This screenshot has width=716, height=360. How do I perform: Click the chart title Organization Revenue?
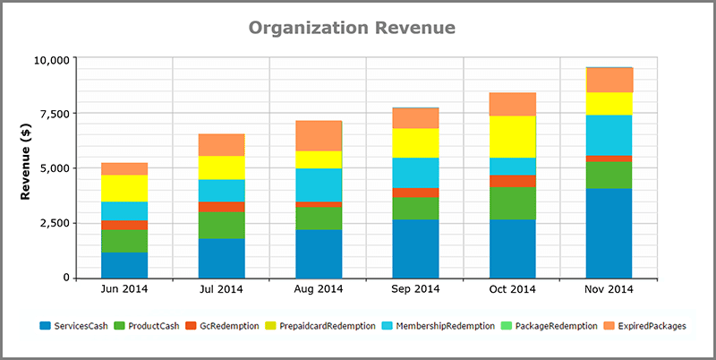[x=352, y=28]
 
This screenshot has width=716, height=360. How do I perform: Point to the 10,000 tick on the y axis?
[x=50, y=60]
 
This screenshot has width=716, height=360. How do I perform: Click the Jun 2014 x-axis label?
[x=124, y=289]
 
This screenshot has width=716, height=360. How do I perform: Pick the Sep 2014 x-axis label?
[x=414, y=289]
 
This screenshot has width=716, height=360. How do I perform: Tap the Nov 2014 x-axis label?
[x=609, y=289]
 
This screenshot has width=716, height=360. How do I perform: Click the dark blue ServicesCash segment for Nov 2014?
[x=609, y=233]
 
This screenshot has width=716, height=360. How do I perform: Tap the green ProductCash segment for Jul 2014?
[x=221, y=225]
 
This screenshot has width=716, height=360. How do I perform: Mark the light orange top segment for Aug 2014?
[x=319, y=135]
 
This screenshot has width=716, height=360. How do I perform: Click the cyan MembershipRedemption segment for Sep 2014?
[x=414, y=172]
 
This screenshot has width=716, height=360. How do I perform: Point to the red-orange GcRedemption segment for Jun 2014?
[x=124, y=225]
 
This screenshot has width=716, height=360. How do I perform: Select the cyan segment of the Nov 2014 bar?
[x=609, y=134]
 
